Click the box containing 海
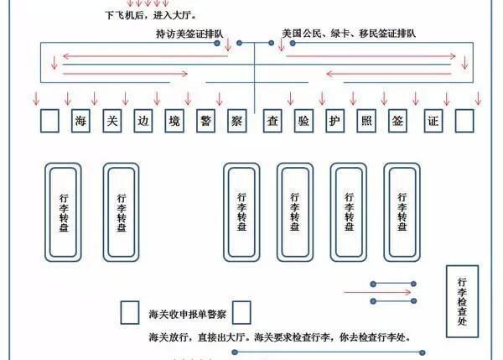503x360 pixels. pos(79,121)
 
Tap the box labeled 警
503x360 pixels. pos(205,121)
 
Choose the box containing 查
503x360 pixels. pos(271,121)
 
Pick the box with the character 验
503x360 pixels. pos(303,121)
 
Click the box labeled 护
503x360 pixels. pos(334,121)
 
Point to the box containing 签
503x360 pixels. pos(397,121)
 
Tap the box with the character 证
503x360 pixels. pos(433,121)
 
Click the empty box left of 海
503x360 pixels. pos(49,121)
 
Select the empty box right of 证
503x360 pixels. pos(464,121)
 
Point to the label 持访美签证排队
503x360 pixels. pos(189,34)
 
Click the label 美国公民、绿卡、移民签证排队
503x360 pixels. pos(349,34)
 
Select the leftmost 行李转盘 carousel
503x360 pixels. pos(64,211)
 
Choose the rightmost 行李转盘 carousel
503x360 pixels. pos(400,211)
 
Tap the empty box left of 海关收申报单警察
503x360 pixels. pos(130,312)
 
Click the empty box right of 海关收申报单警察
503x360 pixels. pos(242,312)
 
